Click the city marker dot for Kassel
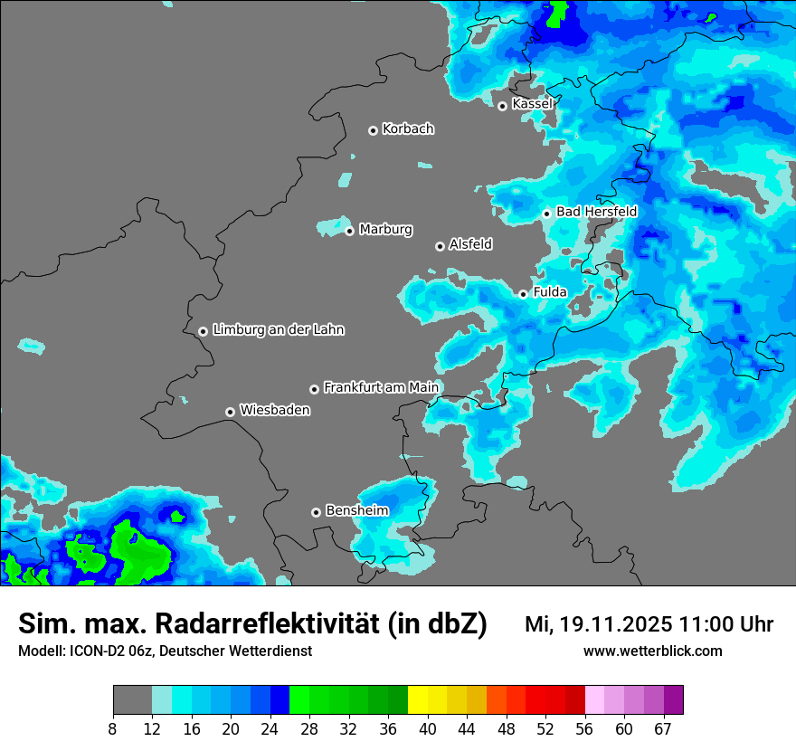(x=502, y=106)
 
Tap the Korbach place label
(x=408, y=129)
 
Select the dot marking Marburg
(x=349, y=231)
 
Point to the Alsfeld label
(x=470, y=244)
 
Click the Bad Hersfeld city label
(x=596, y=212)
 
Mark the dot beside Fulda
(x=523, y=294)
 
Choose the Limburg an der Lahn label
(x=278, y=330)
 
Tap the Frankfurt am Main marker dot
(x=314, y=389)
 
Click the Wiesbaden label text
(x=275, y=411)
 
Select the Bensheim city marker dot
(x=316, y=512)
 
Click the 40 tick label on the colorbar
(x=427, y=729)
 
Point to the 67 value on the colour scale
(x=663, y=729)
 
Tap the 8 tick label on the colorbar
(x=113, y=729)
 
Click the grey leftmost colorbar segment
(x=132, y=700)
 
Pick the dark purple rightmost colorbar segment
(x=673, y=700)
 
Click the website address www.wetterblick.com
(x=653, y=651)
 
